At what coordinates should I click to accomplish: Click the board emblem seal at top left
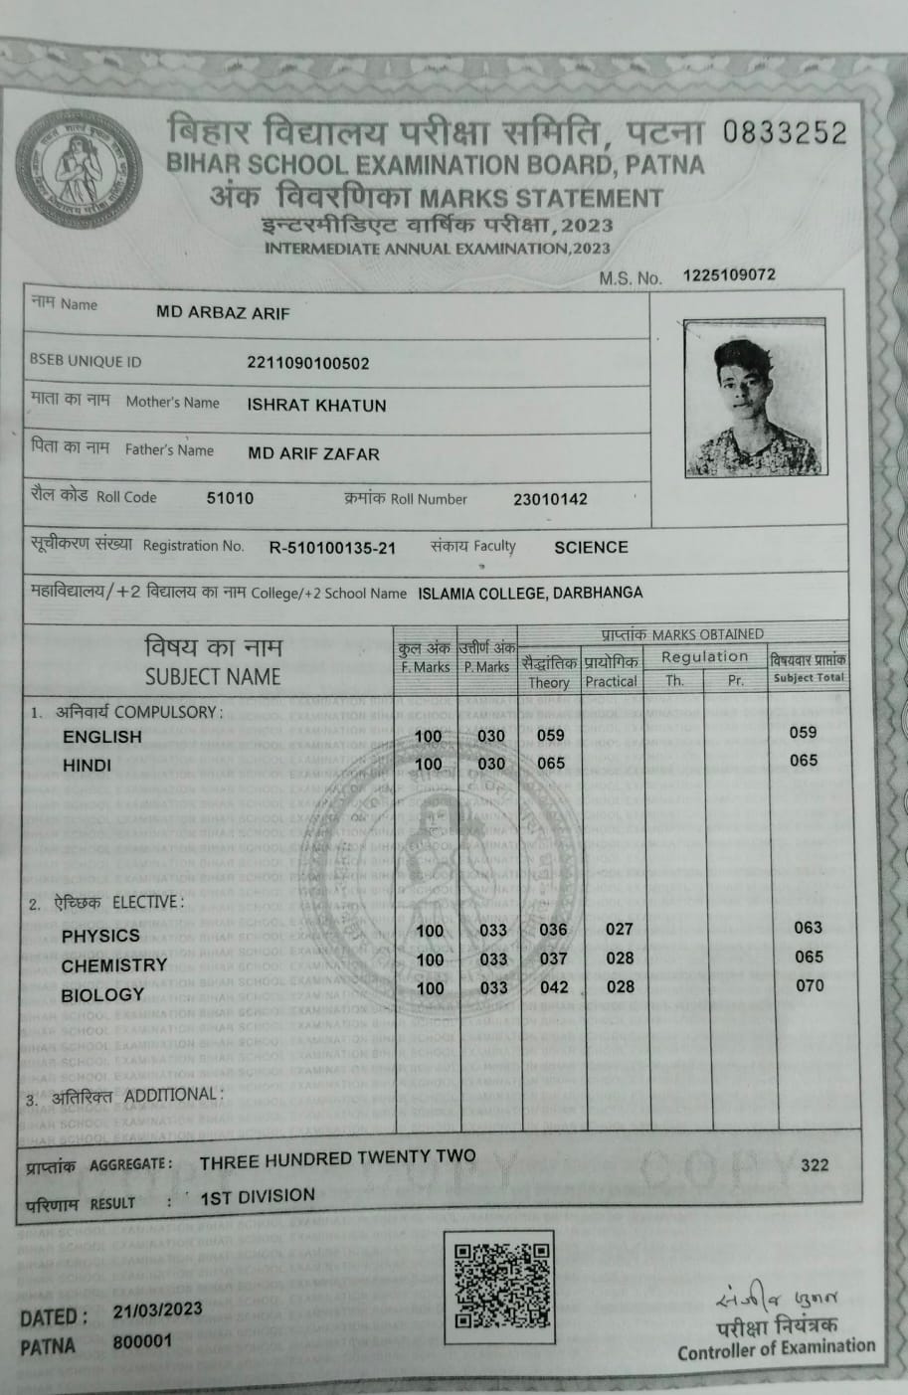click(79, 168)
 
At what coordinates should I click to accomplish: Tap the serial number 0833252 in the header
click(785, 132)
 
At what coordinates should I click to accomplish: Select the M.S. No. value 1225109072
click(729, 275)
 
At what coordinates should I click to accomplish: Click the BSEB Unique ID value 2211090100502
click(307, 363)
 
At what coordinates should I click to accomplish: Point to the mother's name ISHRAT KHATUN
click(316, 406)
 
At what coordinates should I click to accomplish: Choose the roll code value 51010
click(230, 498)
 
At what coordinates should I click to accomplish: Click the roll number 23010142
click(550, 499)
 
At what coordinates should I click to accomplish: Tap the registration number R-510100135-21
click(332, 548)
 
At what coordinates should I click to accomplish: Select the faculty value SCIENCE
click(591, 547)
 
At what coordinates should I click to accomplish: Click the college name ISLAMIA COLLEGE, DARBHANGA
click(530, 593)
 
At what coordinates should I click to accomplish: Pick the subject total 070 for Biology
click(810, 985)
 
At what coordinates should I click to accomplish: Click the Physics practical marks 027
click(620, 929)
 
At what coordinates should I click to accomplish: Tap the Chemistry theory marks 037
click(553, 959)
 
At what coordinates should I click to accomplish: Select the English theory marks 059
click(550, 736)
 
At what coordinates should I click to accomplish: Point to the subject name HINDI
click(87, 766)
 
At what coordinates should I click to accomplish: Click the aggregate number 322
click(815, 1164)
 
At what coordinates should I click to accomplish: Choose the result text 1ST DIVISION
click(258, 1196)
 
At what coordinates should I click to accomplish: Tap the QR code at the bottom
click(502, 1286)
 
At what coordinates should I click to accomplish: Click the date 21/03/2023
click(157, 1310)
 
